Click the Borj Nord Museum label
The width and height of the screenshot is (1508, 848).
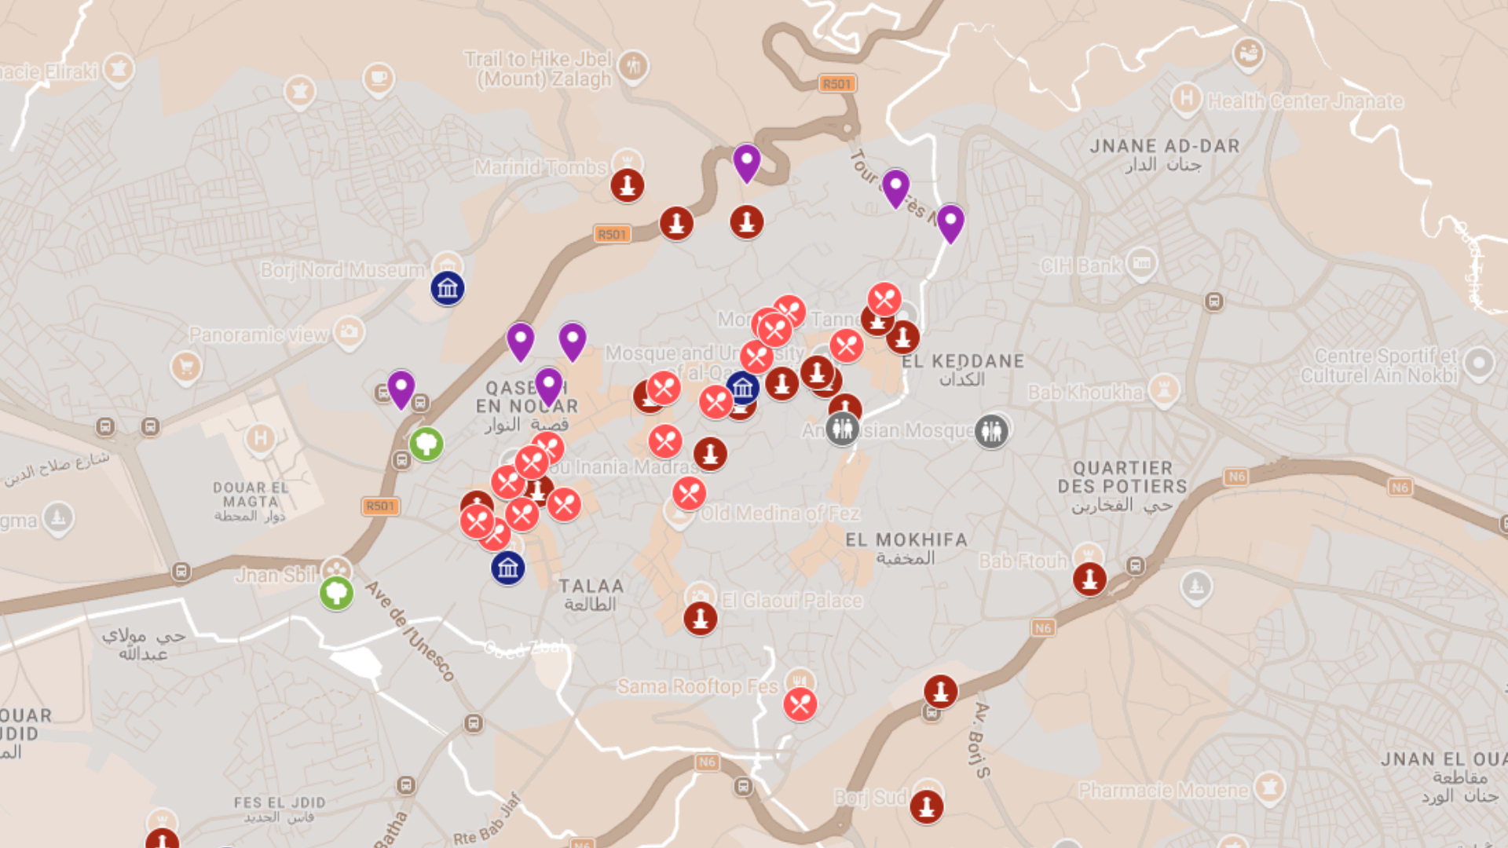(342, 270)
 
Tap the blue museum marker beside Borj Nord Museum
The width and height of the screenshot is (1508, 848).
(448, 288)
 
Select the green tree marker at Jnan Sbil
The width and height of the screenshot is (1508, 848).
(336, 592)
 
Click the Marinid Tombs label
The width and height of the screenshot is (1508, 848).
(540, 167)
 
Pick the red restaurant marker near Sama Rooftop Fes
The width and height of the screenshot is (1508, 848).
(800, 704)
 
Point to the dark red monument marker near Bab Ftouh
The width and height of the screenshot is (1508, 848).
(1089, 579)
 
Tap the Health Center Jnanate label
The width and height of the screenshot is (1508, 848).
(1305, 101)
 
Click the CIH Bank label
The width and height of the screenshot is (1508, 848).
(1081, 266)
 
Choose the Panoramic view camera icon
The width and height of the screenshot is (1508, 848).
(349, 331)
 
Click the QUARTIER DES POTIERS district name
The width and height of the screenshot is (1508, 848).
(1122, 477)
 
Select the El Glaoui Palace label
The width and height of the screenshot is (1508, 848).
(792, 601)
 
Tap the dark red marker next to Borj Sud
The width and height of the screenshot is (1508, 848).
(927, 806)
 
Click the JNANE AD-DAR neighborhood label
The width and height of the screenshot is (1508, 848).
(1165, 146)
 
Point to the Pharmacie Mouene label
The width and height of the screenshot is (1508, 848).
(1163, 791)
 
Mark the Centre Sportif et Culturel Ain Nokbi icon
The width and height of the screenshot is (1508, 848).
(1479, 364)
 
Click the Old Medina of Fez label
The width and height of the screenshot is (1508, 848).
(780, 514)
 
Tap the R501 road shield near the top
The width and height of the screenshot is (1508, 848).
(836, 84)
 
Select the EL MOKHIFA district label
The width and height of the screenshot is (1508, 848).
(906, 540)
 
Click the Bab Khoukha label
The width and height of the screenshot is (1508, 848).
(1085, 392)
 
